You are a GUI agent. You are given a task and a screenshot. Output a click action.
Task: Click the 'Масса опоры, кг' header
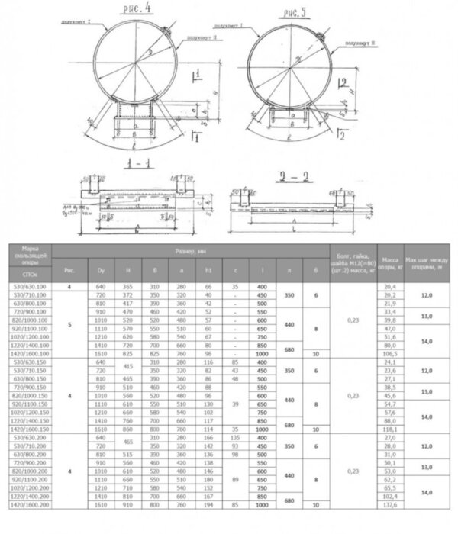point(392,262)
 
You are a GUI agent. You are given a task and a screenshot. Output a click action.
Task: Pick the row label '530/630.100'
point(31,286)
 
